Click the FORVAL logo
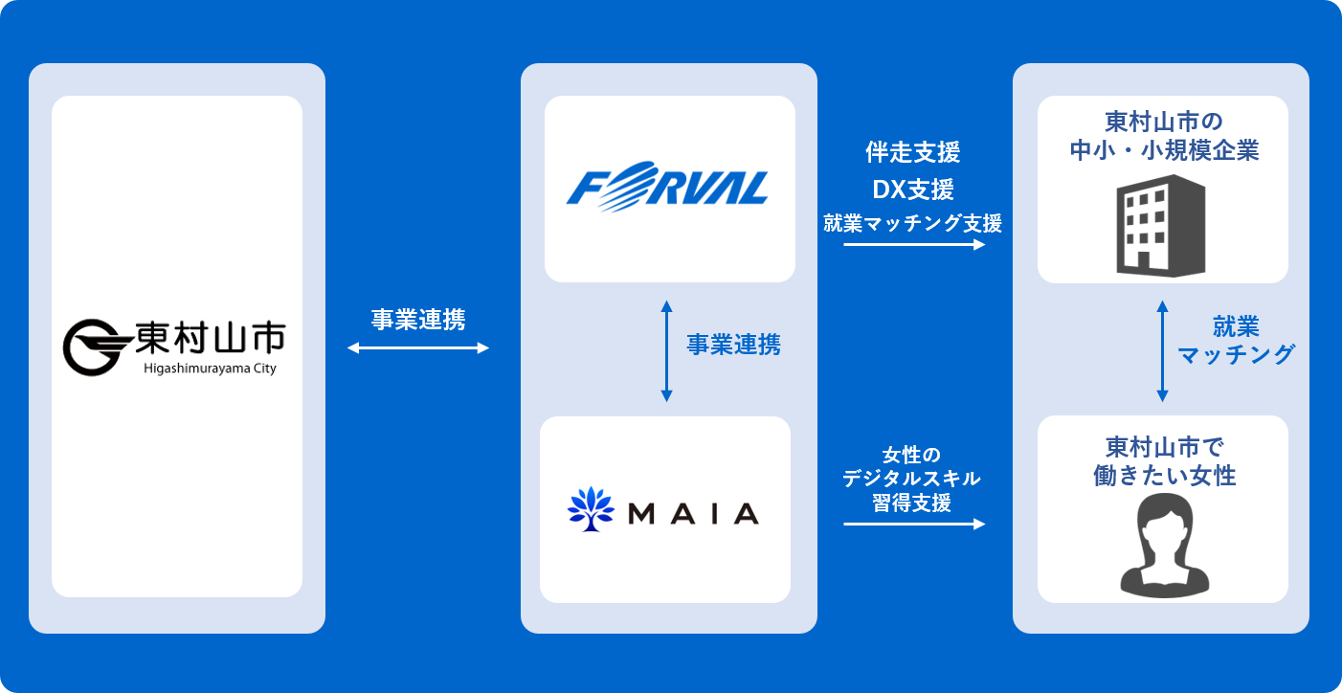tap(667, 188)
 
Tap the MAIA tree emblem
tap(591, 510)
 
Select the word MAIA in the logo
tap(693, 513)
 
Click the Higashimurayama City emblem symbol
tap(93, 346)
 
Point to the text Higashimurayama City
tap(210, 369)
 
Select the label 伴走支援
tap(913, 152)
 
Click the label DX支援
tap(913, 189)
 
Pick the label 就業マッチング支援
tap(913, 224)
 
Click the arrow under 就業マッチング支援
tap(914, 245)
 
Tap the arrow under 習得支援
tap(914, 524)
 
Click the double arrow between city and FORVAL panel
tap(417, 348)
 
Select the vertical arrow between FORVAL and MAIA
tap(667, 350)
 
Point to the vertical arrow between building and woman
tap(1162, 350)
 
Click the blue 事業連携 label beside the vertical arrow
tap(733, 346)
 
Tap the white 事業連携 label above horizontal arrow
tap(418, 320)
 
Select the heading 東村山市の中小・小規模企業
tap(1162, 137)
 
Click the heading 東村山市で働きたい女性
tap(1164, 461)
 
